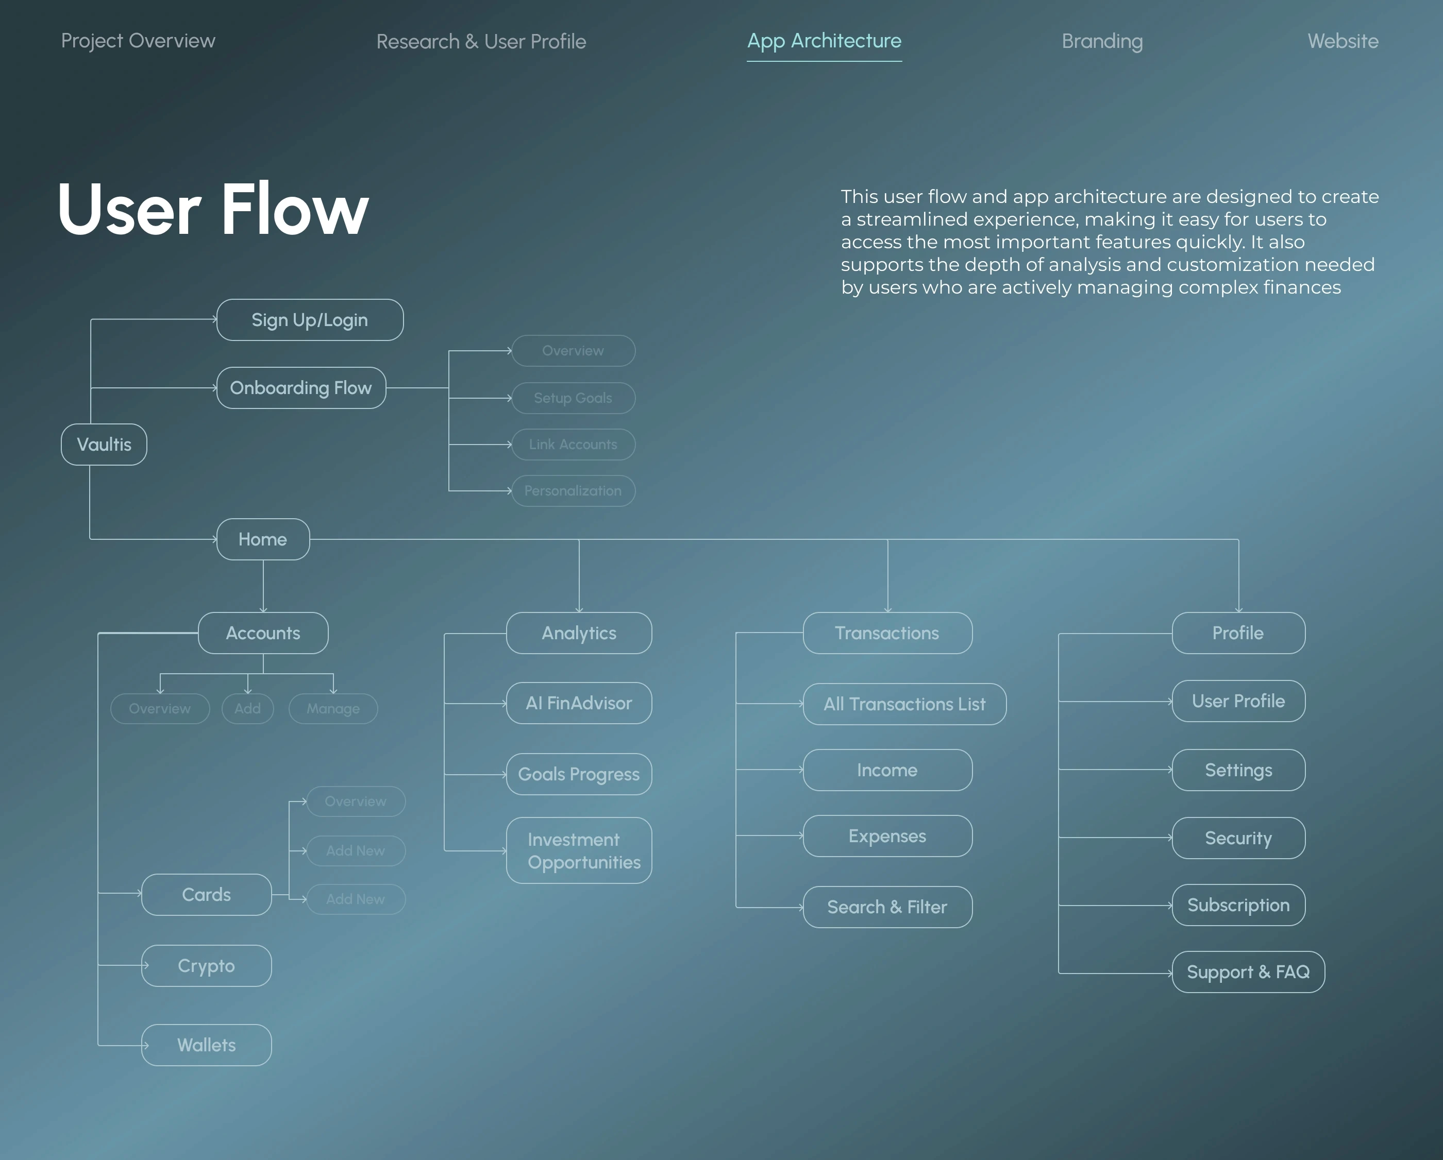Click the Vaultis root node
click(104, 444)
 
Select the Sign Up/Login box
click(310, 320)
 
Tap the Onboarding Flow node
click(301, 388)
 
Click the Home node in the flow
click(263, 539)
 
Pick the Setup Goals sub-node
click(573, 398)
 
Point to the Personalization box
click(573, 491)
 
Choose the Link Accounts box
click(573, 444)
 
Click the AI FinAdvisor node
click(579, 703)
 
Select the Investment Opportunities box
click(579, 850)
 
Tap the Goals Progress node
click(579, 774)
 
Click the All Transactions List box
click(904, 704)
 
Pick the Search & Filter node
click(887, 907)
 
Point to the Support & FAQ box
click(1248, 972)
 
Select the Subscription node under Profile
click(1238, 905)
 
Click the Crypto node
click(206, 965)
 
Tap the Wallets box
click(206, 1045)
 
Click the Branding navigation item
click(1102, 42)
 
